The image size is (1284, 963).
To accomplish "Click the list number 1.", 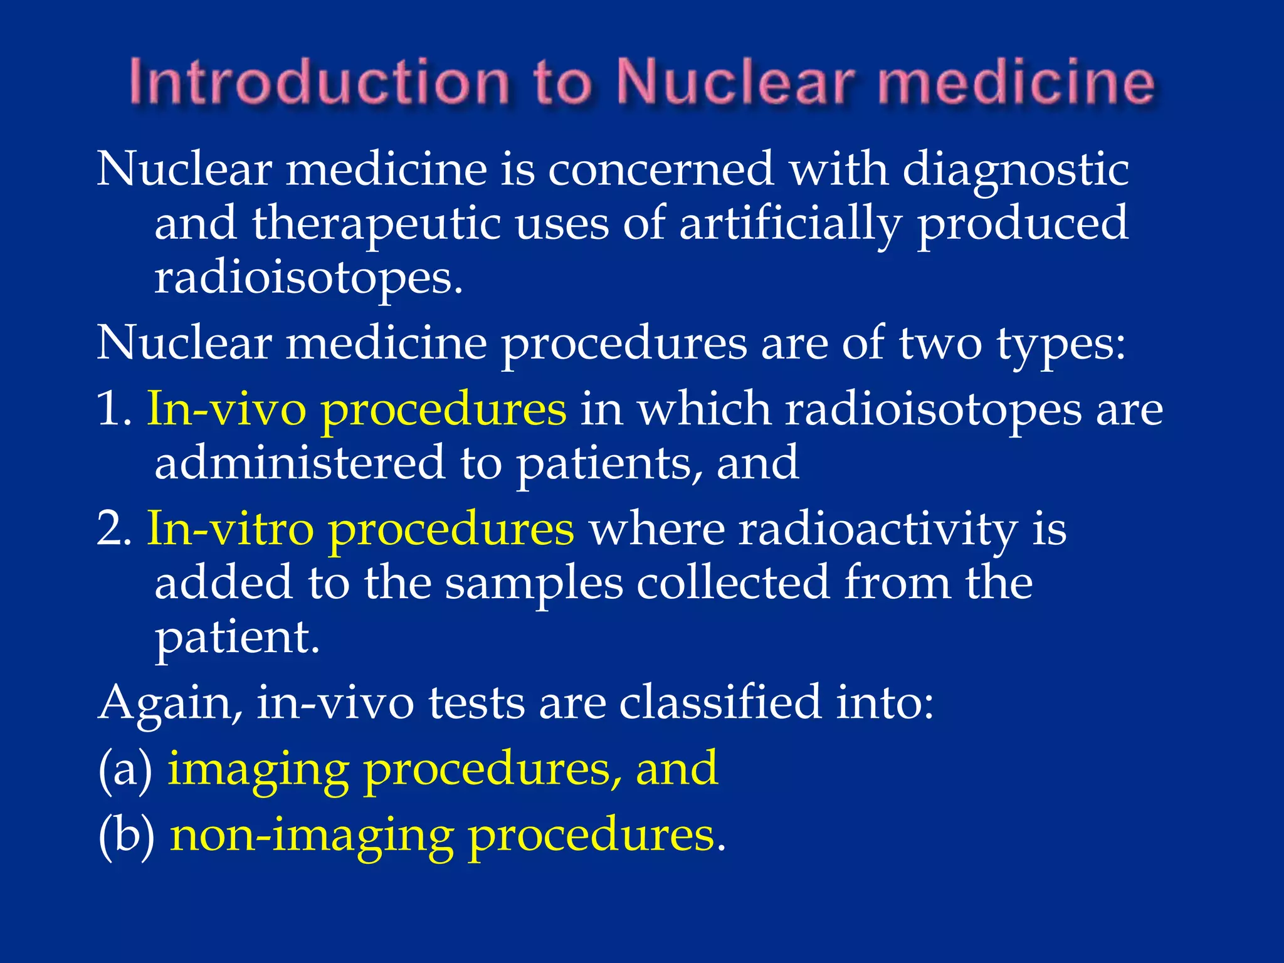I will pyautogui.click(x=113, y=409).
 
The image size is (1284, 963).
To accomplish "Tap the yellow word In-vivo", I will pyautogui.click(x=226, y=409).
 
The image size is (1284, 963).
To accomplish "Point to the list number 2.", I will pyautogui.click(x=113, y=529).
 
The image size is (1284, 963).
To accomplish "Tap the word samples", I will pyautogui.click(x=534, y=582).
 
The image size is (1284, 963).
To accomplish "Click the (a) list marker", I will pyautogui.click(x=125, y=769).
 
